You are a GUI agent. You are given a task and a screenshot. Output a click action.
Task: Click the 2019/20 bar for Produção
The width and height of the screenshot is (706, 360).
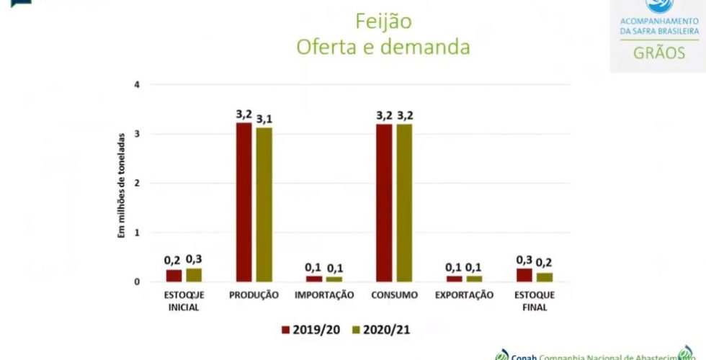(243, 202)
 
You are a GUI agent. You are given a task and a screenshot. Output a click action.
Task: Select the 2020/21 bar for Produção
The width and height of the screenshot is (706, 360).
(264, 204)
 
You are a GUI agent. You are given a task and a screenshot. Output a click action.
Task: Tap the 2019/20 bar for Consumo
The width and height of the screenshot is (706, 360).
(384, 202)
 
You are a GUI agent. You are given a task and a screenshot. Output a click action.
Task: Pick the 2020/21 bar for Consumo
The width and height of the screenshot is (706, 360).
(404, 202)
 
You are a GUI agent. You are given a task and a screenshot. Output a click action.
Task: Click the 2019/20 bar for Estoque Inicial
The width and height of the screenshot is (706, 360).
(174, 275)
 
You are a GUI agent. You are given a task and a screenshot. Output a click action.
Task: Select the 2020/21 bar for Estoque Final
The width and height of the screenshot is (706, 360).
(543, 276)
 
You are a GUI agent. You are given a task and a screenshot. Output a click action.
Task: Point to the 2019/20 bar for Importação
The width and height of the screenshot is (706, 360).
(314, 278)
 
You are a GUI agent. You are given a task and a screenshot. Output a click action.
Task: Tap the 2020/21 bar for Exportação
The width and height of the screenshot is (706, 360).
(473, 278)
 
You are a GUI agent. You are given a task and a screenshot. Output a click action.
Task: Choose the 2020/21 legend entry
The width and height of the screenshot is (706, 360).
(380, 330)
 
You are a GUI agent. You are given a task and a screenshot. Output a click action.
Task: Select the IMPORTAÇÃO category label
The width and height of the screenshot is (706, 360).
(324, 294)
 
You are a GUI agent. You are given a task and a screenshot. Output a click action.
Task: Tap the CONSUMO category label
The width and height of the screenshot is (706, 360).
(395, 294)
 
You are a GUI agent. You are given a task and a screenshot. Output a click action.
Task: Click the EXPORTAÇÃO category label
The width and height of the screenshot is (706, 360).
(465, 294)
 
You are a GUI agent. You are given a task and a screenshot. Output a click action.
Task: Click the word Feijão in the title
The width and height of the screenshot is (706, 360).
(383, 22)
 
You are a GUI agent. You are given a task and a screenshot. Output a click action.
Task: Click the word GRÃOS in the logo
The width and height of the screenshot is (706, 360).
(658, 53)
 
